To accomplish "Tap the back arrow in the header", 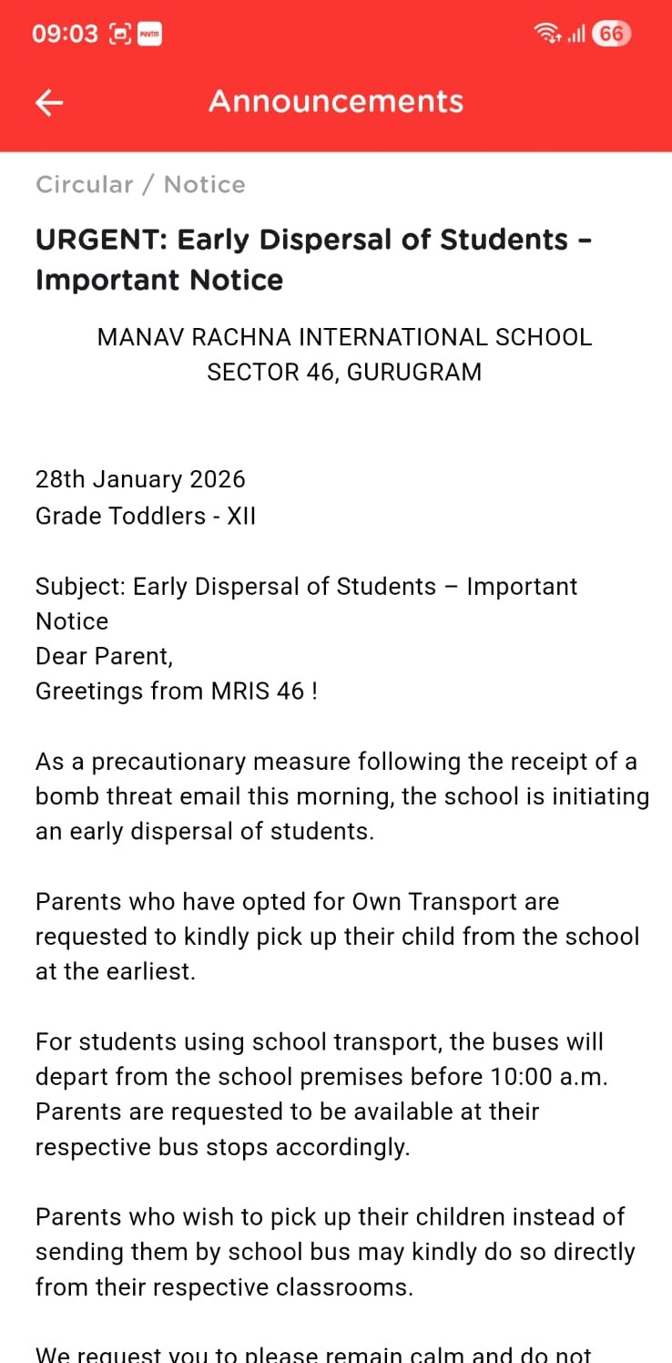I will coord(49,103).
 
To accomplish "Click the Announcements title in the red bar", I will coord(336,101).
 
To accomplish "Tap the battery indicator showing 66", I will coord(611,35).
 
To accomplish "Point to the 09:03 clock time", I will coord(65,35).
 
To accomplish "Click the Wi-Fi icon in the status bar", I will coord(547,35).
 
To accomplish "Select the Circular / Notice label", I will coord(140,185).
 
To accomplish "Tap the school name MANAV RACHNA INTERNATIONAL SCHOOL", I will coord(344,337).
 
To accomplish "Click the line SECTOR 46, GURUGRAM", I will coord(344,373).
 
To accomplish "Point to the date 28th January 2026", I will coord(140,479).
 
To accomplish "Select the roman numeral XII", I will coord(241,516).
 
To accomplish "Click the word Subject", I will coord(79,587).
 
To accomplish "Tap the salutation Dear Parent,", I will coord(104,656).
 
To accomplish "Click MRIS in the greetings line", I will coord(240,692).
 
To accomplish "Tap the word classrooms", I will coord(345,1287).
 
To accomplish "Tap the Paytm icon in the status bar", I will coord(149,35).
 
